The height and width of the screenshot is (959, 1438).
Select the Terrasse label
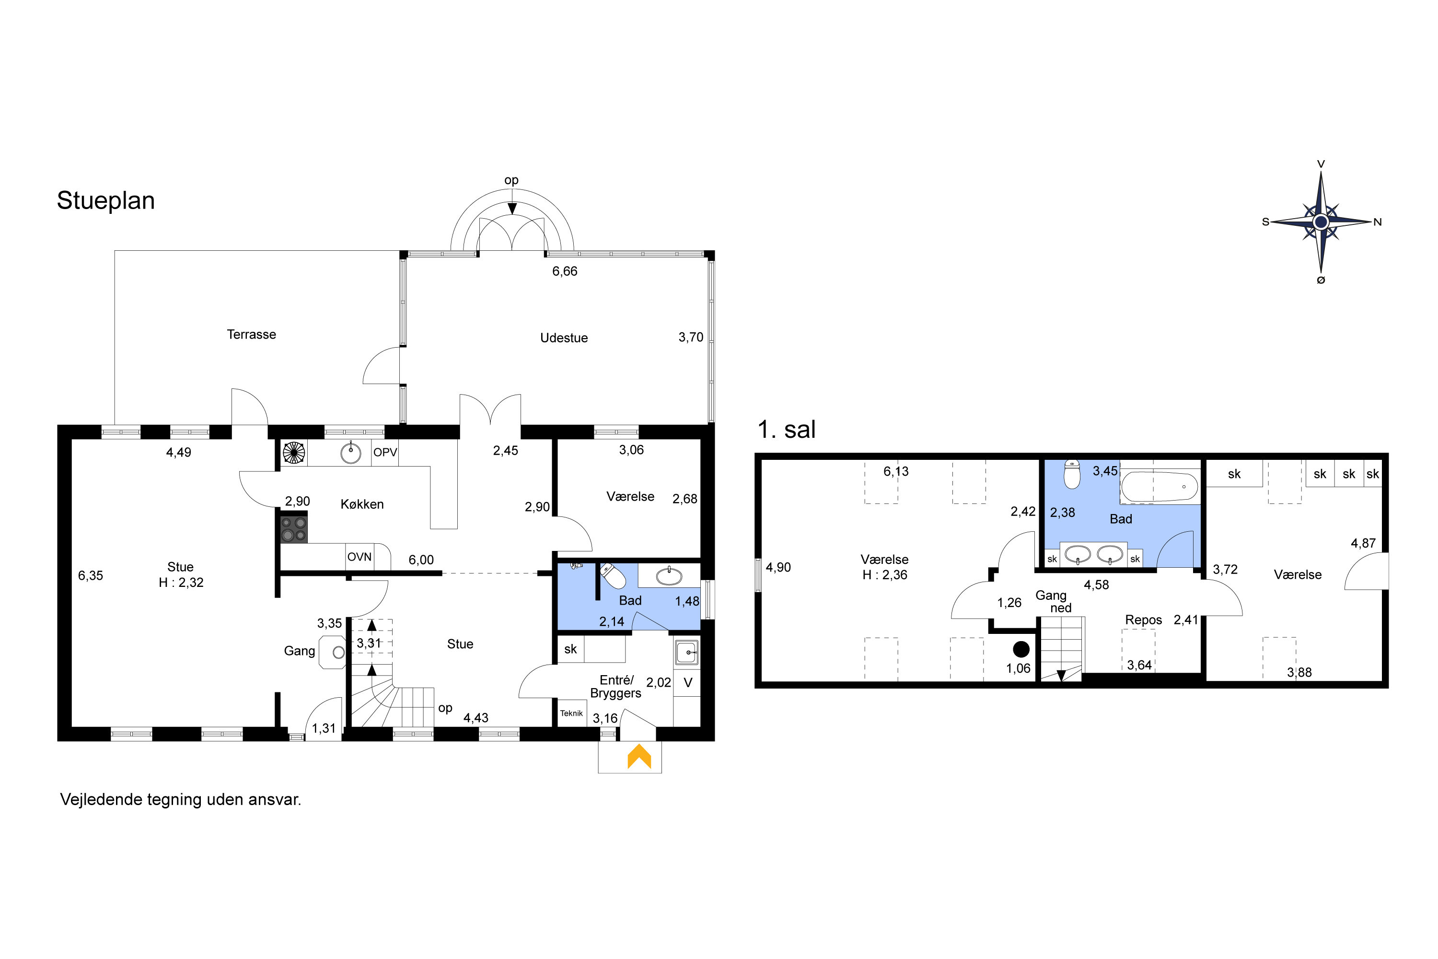pyautogui.click(x=251, y=335)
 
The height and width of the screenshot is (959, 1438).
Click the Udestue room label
pyautogui.click(x=564, y=338)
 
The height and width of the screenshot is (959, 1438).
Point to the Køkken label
pyautogui.click(x=362, y=504)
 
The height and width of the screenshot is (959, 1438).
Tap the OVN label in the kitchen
pyautogui.click(x=359, y=557)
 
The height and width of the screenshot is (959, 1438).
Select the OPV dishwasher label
pyautogui.click(x=385, y=453)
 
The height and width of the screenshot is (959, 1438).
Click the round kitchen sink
pyautogui.click(x=350, y=453)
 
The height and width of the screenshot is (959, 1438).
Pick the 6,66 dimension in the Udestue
pyautogui.click(x=564, y=271)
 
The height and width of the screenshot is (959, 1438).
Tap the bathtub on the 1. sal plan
pyautogui.click(x=1159, y=487)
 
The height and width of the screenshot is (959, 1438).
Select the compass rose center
pyautogui.click(x=1321, y=222)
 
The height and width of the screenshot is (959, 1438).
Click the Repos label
pyautogui.click(x=1143, y=620)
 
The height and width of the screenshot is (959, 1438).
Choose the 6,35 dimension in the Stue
pyautogui.click(x=91, y=575)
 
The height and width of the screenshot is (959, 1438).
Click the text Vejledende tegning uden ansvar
pyautogui.click(x=180, y=800)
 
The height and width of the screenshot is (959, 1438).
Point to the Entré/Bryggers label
pyautogui.click(x=615, y=686)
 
